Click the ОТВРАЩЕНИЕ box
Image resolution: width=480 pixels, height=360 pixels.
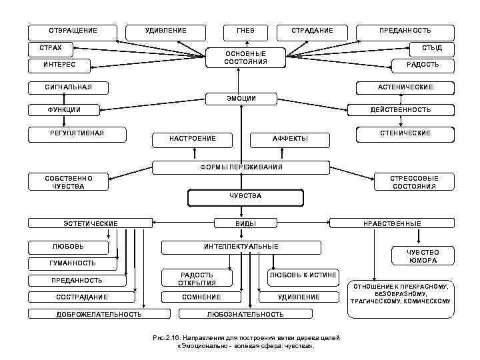73,31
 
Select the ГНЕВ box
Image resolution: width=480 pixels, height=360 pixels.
241,31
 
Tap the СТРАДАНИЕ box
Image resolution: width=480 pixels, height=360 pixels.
312,31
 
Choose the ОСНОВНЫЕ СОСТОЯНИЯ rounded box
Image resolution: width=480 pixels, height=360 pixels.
246,57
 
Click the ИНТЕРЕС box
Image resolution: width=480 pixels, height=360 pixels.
59,65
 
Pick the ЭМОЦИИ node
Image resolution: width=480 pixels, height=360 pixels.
241,99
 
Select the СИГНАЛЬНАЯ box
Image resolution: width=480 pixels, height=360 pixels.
67,87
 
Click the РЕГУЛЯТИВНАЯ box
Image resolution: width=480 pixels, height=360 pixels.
77,133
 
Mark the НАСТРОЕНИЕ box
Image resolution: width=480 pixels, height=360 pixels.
193,139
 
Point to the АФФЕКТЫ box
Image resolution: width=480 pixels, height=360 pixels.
290,139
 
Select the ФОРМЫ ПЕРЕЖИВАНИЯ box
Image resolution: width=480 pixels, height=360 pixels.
241,167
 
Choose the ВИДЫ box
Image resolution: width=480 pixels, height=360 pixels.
246,223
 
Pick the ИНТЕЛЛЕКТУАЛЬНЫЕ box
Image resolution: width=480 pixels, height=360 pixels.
241,247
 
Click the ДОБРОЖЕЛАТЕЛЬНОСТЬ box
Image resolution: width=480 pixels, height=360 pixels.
99,313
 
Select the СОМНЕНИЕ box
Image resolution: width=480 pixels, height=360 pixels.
201,297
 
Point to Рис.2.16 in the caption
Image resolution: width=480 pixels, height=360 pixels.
163,339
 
